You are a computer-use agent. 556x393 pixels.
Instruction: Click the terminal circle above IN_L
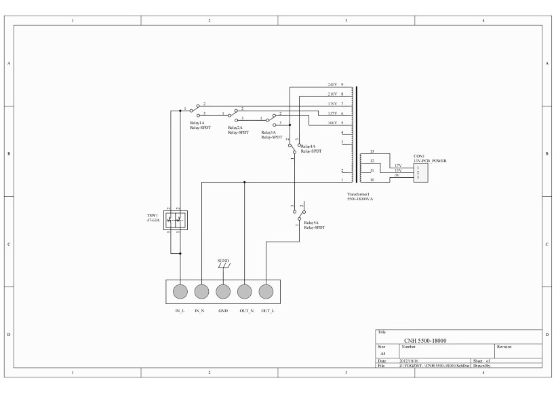pos(180,292)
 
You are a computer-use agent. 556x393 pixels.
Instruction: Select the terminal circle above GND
pos(223,292)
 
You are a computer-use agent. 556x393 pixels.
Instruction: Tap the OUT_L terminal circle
pos(266,292)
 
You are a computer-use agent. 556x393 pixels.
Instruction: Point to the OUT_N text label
pos(245,310)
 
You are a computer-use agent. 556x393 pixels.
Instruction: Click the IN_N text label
pos(201,310)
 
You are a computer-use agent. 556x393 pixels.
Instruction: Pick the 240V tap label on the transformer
pos(332,84)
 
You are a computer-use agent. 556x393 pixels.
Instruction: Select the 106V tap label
pos(332,122)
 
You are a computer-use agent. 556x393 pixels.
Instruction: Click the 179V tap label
pos(332,103)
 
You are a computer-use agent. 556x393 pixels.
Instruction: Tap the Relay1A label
pos(197,123)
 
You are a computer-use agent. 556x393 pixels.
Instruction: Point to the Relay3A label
pos(269,132)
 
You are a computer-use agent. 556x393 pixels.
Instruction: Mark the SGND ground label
pos(223,261)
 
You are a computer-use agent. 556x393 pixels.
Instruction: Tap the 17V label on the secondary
pos(398,165)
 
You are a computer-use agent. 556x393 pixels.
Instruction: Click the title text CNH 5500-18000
pos(425,340)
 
